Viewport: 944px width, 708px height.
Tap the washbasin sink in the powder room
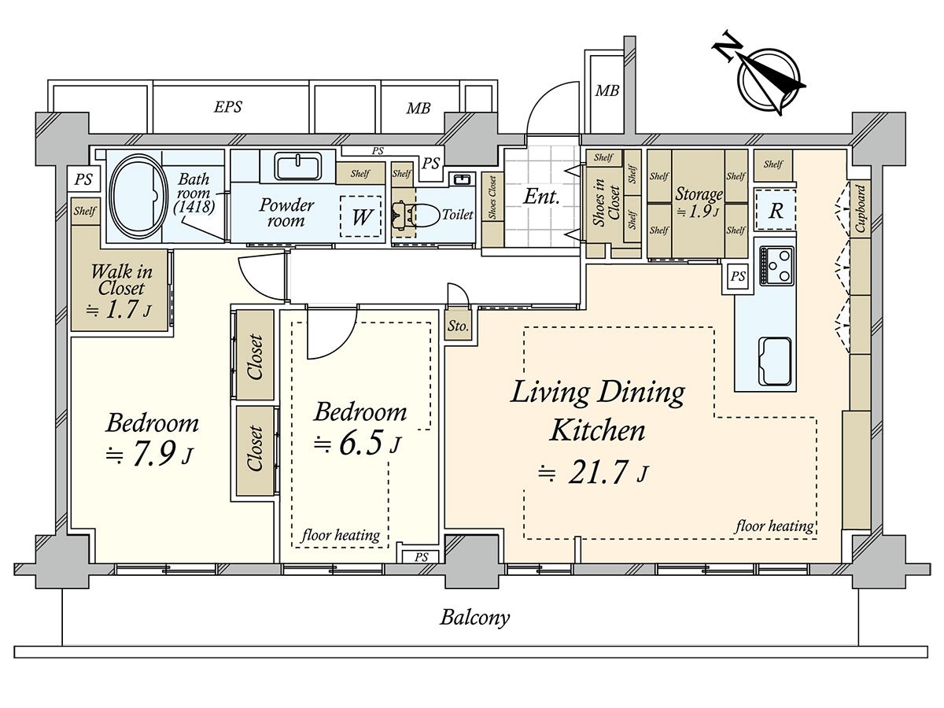pyautogui.click(x=298, y=166)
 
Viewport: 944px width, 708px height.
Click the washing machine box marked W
pyautogui.click(x=360, y=216)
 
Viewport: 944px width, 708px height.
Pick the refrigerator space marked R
pyautogui.click(x=776, y=210)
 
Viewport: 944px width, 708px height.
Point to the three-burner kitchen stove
pyautogui.click(x=776, y=265)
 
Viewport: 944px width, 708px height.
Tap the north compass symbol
pyautogui.click(x=761, y=78)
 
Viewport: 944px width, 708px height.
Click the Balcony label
pyautogui.click(x=475, y=618)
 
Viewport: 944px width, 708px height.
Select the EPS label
pyautogui.click(x=228, y=107)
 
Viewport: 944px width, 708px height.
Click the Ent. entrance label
pyautogui.click(x=541, y=197)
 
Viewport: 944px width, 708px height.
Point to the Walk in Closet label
pyautogui.click(x=121, y=280)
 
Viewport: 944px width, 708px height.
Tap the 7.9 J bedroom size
pyautogui.click(x=149, y=454)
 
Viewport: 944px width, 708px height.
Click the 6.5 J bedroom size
pyautogui.click(x=357, y=442)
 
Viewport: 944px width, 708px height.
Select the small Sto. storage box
pyautogui.click(x=458, y=326)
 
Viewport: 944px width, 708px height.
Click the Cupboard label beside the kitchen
pyautogui.click(x=860, y=208)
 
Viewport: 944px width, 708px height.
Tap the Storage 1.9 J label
pyautogui.click(x=699, y=202)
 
